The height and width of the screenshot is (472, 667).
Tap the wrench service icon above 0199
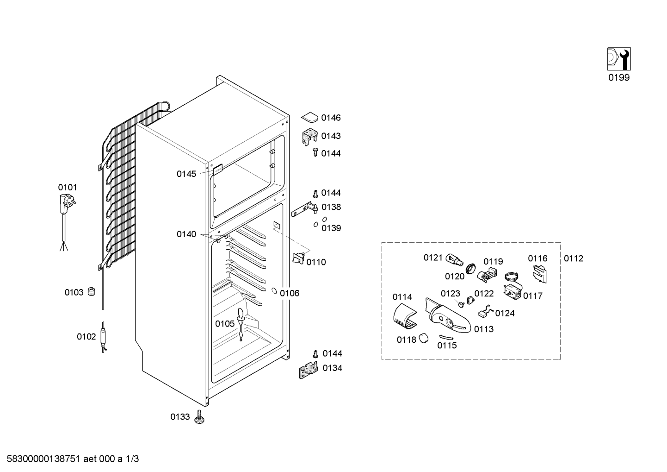click(619, 59)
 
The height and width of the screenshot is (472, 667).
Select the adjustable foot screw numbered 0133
click(199, 417)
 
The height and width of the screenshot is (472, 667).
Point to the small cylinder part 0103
click(92, 291)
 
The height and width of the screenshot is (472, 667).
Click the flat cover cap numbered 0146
click(310, 117)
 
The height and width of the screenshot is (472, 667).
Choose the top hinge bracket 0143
click(310, 137)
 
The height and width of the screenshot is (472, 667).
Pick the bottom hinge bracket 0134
click(309, 370)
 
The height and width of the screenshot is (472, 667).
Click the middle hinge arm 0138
click(305, 209)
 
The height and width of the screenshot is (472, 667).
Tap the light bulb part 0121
click(454, 260)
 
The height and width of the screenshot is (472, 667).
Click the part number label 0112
click(574, 258)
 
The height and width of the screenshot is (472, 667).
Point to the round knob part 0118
click(423, 339)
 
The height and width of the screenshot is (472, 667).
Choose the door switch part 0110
click(299, 258)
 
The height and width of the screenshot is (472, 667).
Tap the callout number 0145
click(186, 174)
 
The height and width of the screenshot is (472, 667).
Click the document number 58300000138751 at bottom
click(43, 459)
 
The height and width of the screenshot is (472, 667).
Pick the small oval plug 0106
click(274, 291)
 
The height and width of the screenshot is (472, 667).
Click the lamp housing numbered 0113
click(448, 316)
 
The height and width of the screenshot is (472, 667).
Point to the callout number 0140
click(186, 234)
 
